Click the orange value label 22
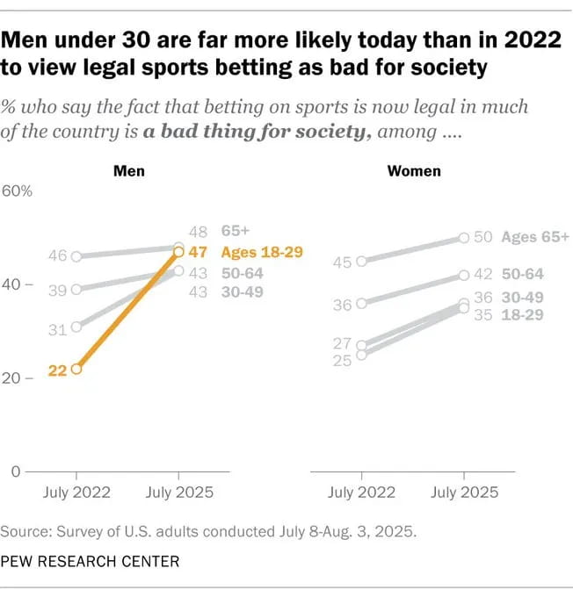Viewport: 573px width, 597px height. (x=58, y=370)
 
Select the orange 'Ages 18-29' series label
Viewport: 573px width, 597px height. (x=262, y=252)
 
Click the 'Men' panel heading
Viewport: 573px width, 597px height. (x=129, y=170)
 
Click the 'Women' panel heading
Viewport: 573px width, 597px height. (x=413, y=170)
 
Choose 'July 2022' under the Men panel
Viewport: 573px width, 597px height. (x=76, y=493)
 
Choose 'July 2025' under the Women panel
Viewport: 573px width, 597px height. (x=463, y=493)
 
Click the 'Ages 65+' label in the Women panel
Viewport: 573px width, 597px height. (x=535, y=237)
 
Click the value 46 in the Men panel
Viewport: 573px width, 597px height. (x=58, y=256)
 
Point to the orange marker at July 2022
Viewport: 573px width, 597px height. (x=76, y=370)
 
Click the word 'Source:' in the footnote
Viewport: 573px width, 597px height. (x=25, y=531)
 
